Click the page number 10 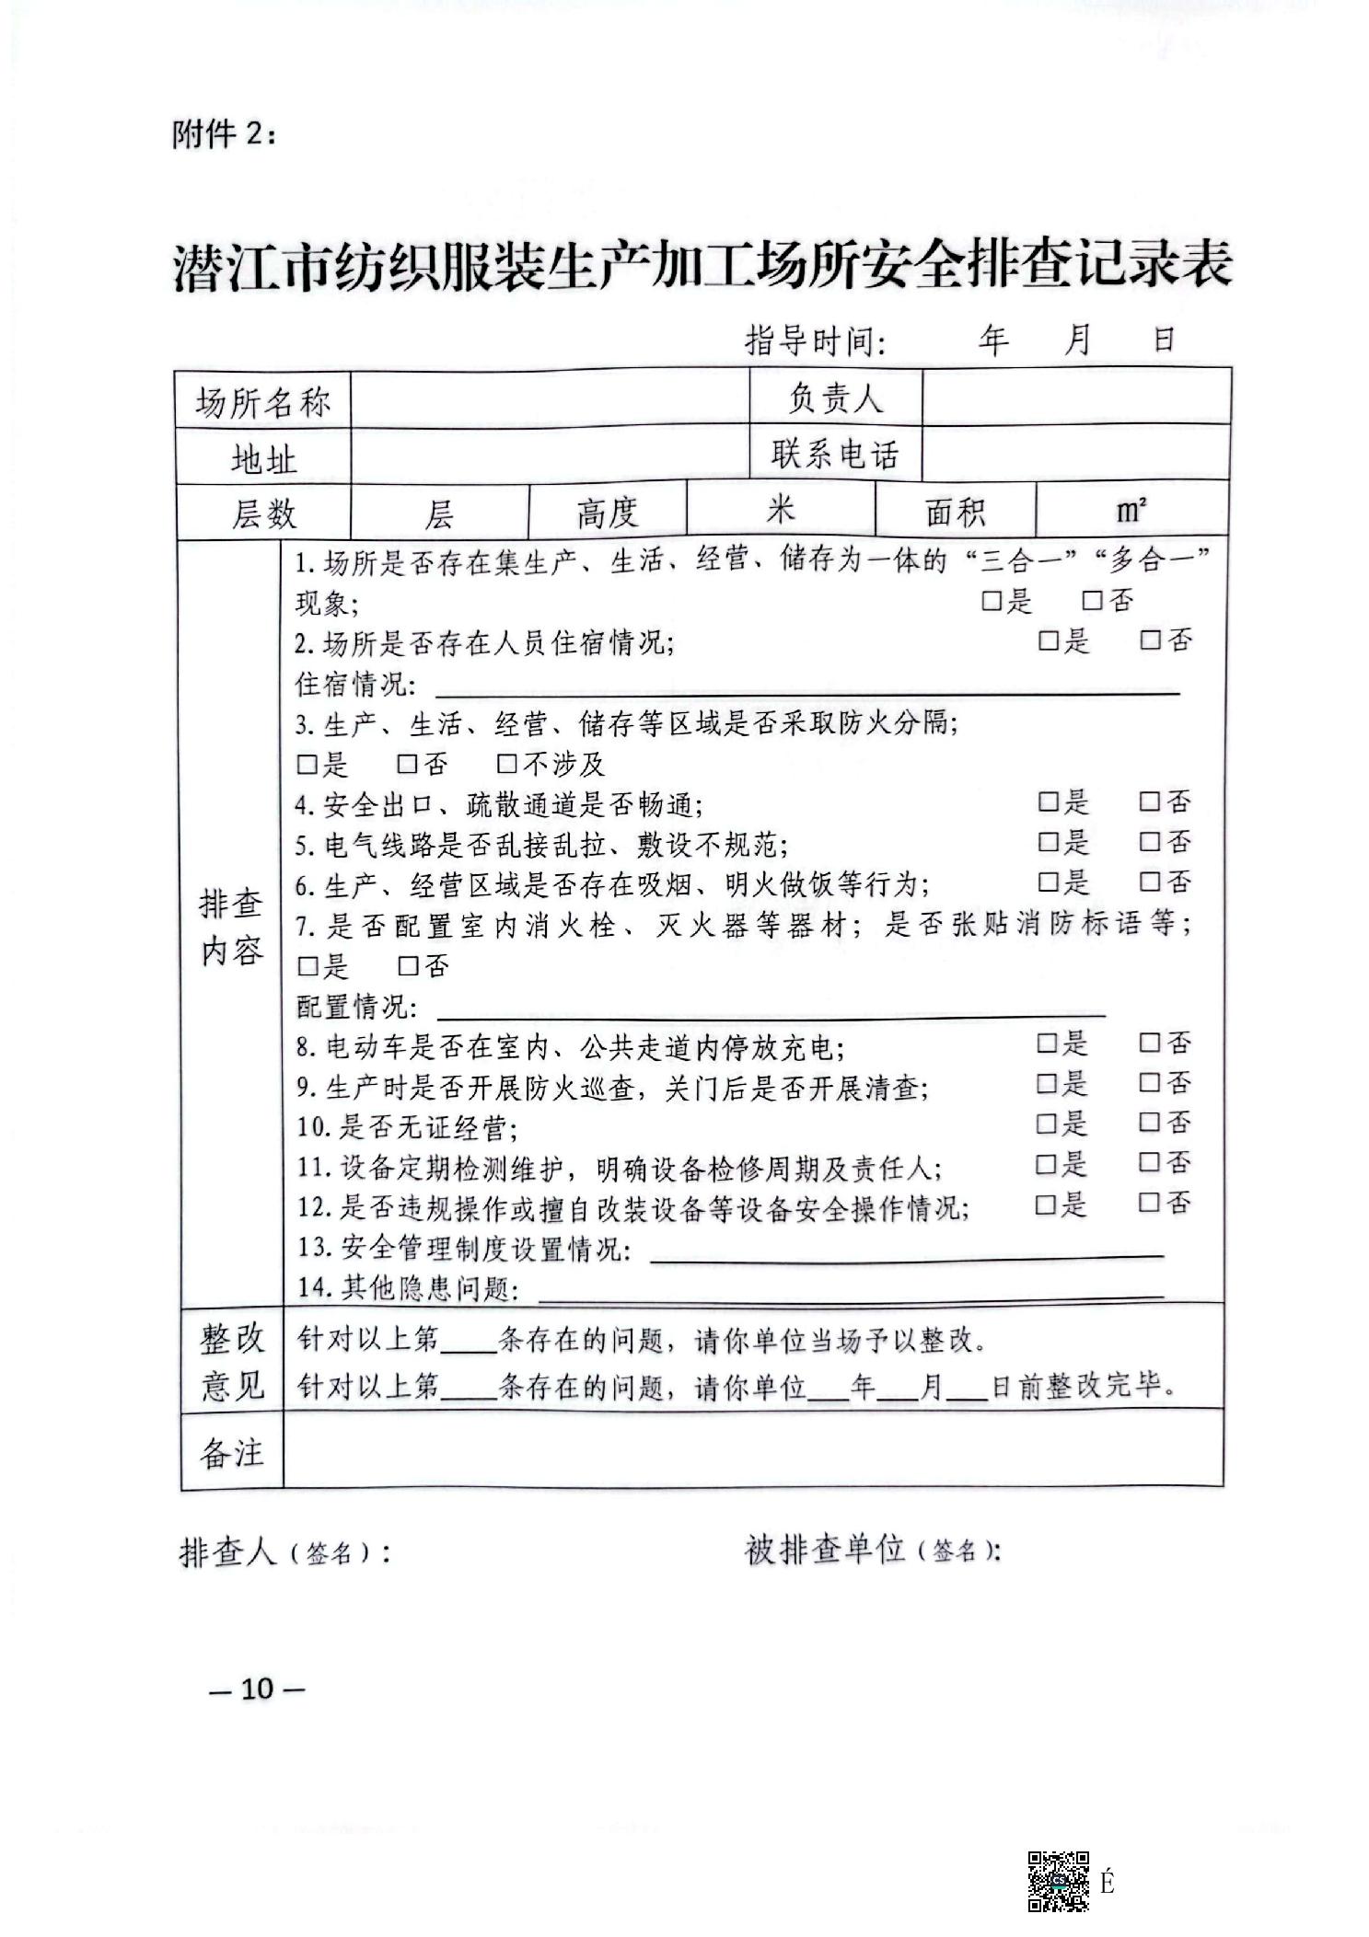[x=257, y=1688]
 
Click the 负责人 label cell [x=835, y=398]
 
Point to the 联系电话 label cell [x=835, y=454]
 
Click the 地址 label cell [x=262, y=457]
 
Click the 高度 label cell [x=607, y=512]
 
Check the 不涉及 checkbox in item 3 [x=505, y=764]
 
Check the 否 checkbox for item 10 [x=1148, y=1123]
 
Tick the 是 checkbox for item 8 [x=1046, y=1043]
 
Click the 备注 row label [x=231, y=1452]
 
